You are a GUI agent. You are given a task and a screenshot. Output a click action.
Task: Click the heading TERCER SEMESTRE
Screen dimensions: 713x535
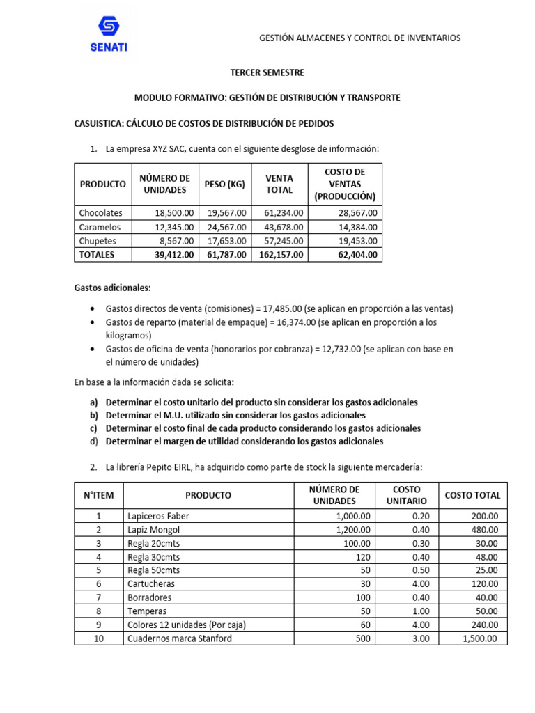267,72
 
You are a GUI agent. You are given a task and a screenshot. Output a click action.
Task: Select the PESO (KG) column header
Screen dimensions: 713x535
225,184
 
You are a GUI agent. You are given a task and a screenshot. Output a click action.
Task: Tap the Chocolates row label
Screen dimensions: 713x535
101,213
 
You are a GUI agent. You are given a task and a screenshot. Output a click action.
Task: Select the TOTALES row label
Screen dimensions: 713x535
97,255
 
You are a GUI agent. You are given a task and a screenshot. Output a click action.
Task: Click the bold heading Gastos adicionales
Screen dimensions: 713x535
112,288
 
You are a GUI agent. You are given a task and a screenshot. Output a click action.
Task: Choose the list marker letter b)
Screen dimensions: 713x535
95,416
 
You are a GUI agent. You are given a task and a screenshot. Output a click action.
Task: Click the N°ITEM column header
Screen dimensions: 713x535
98,495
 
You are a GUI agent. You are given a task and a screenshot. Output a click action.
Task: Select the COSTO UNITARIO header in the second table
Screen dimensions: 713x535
406,495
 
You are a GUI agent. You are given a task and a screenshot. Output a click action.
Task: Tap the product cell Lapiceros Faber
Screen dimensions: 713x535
158,516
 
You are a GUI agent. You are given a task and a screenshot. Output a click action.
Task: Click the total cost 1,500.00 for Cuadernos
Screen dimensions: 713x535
481,638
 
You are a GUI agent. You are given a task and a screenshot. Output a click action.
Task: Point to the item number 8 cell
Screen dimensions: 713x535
98,611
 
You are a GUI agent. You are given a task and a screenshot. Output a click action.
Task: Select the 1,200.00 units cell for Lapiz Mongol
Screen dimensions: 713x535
355,530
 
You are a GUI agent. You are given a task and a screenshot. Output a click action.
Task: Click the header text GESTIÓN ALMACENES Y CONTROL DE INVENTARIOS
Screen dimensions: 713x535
359,38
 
